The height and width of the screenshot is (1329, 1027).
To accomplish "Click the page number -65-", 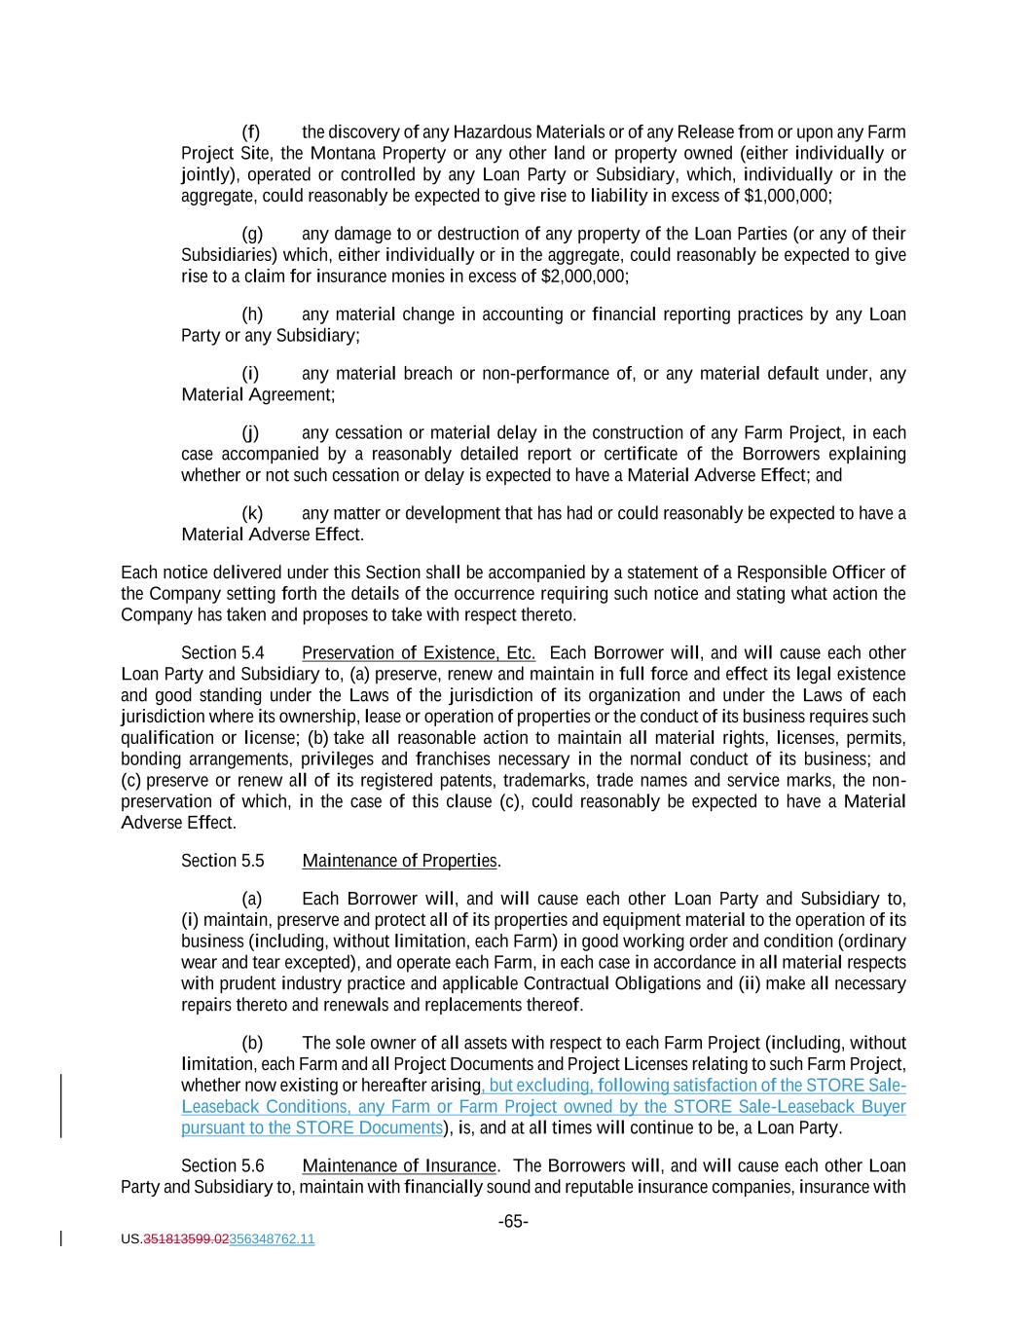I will pos(513,1221).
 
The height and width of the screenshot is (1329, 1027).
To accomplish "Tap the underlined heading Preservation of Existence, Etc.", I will pos(419,653).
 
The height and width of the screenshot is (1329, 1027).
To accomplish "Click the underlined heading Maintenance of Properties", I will pos(399,861).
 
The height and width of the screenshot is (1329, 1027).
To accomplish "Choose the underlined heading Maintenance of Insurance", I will pos(399,1166).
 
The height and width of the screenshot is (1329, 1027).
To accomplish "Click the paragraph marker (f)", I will pos(251,132).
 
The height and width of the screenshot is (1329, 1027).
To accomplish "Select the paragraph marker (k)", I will pos(252,514).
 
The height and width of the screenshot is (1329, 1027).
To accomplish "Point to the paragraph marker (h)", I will pos(252,314).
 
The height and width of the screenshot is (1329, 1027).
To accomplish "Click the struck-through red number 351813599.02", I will pos(186,1239).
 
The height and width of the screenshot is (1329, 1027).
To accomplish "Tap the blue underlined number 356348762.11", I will pos(272,1239).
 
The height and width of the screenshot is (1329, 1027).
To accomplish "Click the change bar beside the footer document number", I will pos(61,1238).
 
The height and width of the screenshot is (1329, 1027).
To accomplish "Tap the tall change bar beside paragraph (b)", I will pos(61,1106).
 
